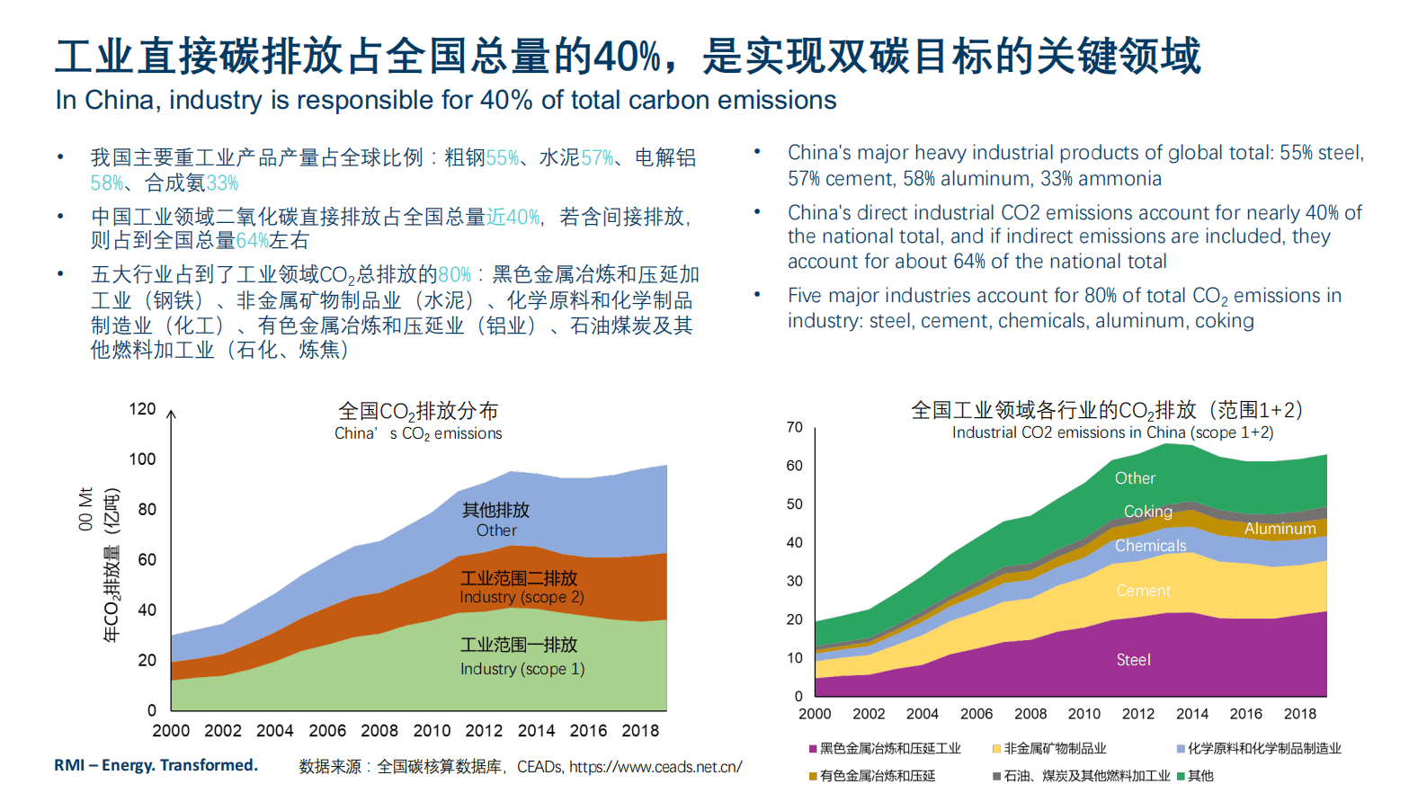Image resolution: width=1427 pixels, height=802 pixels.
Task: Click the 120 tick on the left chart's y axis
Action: [x=142, y=409]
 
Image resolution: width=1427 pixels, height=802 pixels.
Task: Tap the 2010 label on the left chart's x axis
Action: [x=432, y=731]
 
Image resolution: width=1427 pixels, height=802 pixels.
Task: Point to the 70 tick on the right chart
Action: [x=794, y=427]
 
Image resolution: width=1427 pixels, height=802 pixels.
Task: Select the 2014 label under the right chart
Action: [x=1191, y=714]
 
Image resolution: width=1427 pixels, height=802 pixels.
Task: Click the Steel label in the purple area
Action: [x=1133, y=660]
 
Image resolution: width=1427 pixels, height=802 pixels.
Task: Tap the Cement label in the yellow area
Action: [x=1143, y=591]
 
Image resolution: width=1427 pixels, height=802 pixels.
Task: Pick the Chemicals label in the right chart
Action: [x=1150, y=546]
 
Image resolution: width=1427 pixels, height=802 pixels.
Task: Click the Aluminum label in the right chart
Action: [x=1280, y=529]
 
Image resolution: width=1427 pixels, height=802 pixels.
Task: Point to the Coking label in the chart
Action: [x=1147, y=512]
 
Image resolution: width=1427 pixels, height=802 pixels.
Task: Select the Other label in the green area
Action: [x=1135, y=478]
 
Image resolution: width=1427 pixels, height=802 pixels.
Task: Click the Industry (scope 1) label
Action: [x=522, y=669]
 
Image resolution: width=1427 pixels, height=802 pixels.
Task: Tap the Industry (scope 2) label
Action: [x=522, y=597]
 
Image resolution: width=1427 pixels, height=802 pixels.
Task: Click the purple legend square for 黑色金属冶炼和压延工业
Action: [x=813, y=749]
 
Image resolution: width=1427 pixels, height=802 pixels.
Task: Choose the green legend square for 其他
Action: [x=1181, y=776]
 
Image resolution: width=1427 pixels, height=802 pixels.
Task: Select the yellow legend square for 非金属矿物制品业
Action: [x=996, y=749]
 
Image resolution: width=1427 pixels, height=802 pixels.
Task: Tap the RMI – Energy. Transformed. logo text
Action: [x=156, y=765]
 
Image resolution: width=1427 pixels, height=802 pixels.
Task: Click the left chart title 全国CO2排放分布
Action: [x=418, y=412]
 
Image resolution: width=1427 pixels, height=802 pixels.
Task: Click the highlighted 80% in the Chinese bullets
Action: [x=454, y=275]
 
